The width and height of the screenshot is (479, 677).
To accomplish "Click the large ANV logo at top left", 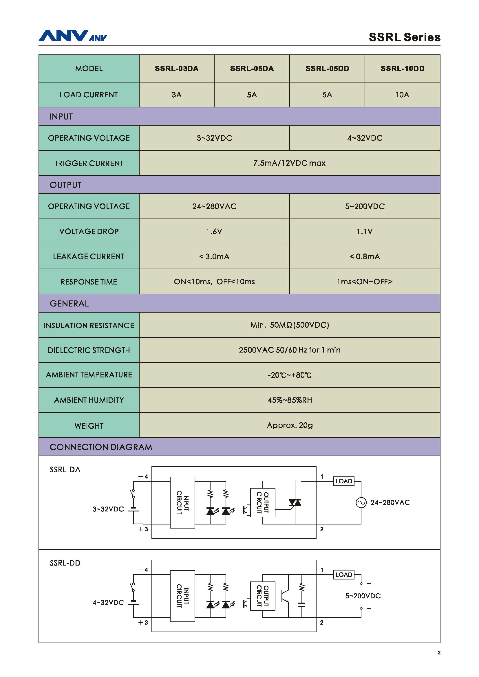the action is pos(63,36).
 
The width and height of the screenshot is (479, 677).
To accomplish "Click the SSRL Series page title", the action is pos(404,37).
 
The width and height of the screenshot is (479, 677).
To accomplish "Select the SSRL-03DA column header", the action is pos(176,68).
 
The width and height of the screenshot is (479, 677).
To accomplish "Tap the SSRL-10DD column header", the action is pos(402,68).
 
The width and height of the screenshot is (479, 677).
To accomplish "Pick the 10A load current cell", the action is pos(402,95).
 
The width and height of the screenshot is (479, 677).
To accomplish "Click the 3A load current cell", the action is pos(176,95).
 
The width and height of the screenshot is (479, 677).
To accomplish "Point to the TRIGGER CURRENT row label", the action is pos(89,163).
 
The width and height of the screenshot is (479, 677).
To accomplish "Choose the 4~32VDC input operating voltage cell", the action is pos(365,138).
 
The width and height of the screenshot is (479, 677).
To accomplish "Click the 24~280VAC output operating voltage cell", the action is pos(214,206).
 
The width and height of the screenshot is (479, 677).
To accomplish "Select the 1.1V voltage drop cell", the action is pos(365,232).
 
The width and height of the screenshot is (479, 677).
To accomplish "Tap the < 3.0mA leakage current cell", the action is pos(214,256).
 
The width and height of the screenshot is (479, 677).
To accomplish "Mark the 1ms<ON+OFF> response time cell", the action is pos(365,282).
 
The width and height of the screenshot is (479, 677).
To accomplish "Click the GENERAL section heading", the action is pos(69,304).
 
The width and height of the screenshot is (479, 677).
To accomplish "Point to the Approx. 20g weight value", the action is pos(290,425).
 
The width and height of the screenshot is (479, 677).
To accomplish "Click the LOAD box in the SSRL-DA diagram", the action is pos(344,481).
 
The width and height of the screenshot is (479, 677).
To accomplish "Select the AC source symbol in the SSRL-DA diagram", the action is pos(361,502).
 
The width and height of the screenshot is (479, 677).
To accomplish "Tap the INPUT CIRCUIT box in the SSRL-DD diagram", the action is pos(182,596).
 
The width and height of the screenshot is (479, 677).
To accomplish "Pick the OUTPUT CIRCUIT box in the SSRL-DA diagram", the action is pos(263,502).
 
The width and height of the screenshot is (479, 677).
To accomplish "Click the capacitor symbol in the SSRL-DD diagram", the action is pos(301,605).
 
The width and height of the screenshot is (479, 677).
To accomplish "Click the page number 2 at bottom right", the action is pos(439,652).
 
